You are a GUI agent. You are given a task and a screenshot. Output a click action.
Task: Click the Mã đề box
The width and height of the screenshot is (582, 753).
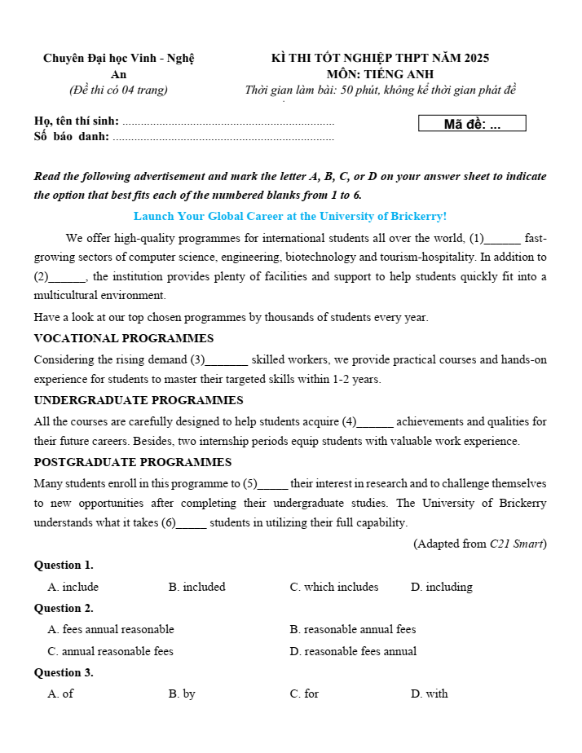tap(472, 124)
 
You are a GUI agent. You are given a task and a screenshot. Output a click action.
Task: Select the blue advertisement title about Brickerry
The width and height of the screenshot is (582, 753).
tap(290, 217)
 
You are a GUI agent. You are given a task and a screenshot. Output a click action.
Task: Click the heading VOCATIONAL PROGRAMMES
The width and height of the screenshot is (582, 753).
tap(124, 338)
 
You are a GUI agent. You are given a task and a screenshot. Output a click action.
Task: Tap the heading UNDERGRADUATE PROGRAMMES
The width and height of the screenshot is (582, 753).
tap(139, 400)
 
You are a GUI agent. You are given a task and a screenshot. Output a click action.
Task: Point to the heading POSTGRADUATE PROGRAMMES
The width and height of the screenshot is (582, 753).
tap(133, 462)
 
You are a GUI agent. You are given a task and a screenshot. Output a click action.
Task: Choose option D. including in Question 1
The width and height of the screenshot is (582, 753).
tap(441, 587)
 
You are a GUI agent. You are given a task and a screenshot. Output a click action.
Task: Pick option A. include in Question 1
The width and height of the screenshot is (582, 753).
tap(73, 587)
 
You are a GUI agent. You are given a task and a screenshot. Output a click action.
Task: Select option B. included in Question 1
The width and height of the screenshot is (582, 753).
tap(196, 587)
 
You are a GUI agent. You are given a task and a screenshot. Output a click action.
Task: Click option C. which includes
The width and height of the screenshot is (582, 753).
tap(334, 587)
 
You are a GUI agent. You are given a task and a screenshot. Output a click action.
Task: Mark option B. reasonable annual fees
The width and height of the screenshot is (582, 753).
tap(353, 629)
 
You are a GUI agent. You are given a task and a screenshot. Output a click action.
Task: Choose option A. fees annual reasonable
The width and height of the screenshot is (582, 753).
tap(111, 629)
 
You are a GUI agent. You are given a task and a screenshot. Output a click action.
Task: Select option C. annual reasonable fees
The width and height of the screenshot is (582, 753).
tap(111, 651)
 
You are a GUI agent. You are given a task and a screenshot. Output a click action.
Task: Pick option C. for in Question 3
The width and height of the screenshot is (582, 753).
tap(304, 694)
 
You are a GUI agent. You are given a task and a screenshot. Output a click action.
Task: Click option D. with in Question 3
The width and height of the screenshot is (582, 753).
tap(430, 694)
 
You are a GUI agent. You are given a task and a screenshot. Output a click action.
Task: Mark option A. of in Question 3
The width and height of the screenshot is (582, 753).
tap(61, 694)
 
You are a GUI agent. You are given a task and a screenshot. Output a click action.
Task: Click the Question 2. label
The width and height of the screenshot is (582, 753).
tap(64, 608)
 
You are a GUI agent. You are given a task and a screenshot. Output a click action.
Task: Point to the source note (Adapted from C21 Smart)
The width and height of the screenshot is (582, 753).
tap(480, 544)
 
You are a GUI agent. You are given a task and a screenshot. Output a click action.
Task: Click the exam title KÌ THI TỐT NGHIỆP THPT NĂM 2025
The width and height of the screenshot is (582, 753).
tap(380, 58)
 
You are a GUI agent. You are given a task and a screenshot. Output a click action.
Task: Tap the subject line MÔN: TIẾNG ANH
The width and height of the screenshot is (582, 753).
tap(380, 73)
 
